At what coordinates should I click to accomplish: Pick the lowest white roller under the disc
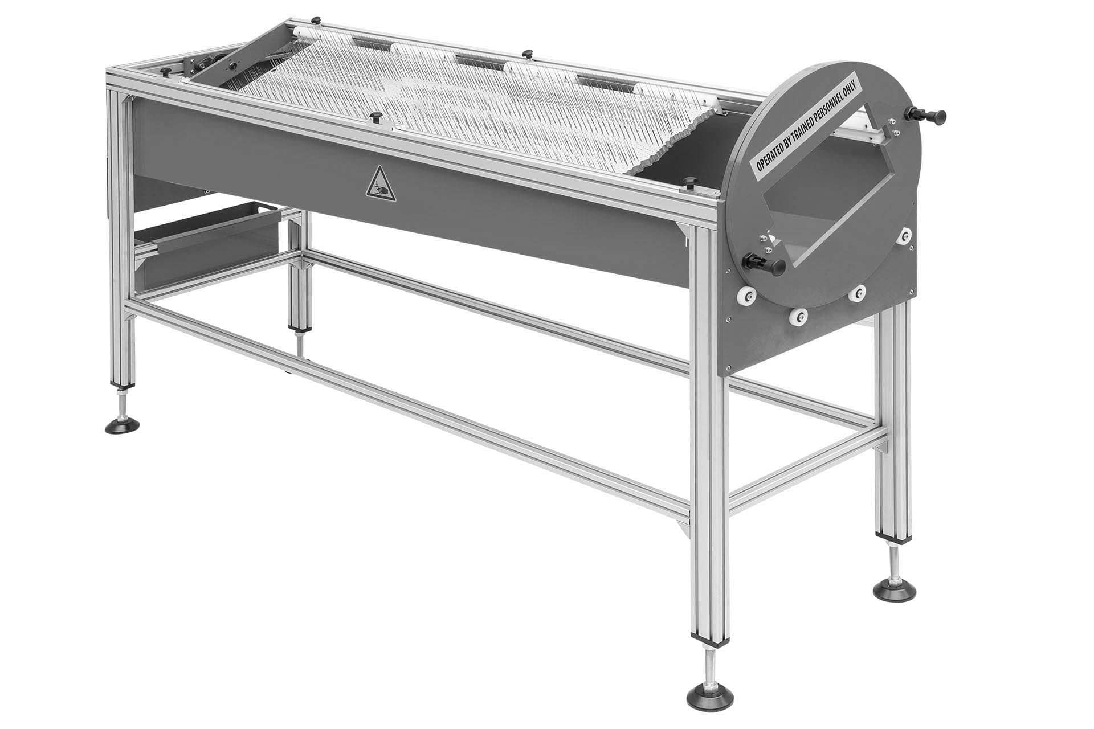point(799,317)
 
